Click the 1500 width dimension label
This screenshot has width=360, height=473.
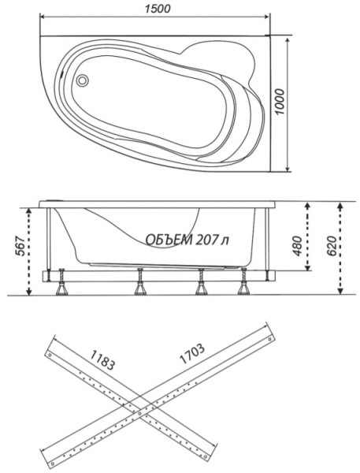pyautogui.click(x=157, y=9)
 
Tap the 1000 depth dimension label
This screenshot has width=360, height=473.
pyautogui.click(x=280, y=102)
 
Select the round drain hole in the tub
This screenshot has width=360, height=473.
pyautogui.click(x=82, y=80)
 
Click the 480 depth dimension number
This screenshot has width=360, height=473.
pyautogui.click(x=297, y=245)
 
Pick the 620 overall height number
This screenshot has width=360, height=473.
pyautogui.click(x=331, y=245)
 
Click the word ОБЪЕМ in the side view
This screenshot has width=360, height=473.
pyautogui.click(x=169, y=240)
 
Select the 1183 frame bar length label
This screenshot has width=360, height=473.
pyautogui.click(x=102, y=359)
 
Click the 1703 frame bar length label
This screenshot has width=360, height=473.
pyautogui.click(x=192, y=353)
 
